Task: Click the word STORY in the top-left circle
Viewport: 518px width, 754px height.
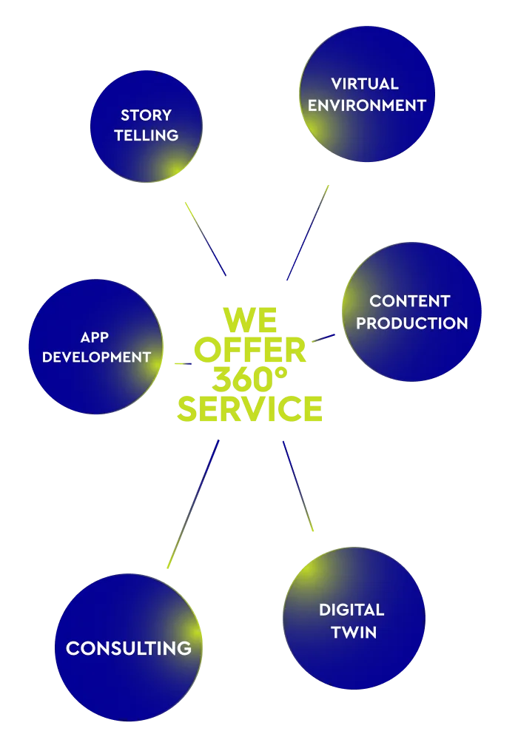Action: tap(146, 115)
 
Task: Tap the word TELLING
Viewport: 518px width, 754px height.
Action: tap(146, 135)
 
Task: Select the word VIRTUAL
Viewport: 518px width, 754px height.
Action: tap(365, 84)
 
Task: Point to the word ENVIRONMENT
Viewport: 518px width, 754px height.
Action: tap(367, 105)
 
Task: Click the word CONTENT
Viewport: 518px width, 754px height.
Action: tap(409, 301)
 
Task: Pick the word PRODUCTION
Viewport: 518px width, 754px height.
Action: tap(412, 323)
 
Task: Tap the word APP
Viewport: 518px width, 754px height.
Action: tap(95, 337)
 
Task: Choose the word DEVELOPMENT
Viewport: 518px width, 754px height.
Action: tap(96, 357)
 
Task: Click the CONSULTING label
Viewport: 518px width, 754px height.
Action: tap(129, 648)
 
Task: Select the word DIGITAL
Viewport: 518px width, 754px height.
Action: tap(351, 610)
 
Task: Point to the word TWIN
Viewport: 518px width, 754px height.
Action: tap(354, 633)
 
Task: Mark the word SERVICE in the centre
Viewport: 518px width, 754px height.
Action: tap(251, 408)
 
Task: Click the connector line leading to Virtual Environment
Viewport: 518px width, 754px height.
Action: tap(307, 233)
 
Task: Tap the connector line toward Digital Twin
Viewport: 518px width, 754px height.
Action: tap(299, 485)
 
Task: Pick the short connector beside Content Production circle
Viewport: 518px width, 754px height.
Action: tap(326, 338)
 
